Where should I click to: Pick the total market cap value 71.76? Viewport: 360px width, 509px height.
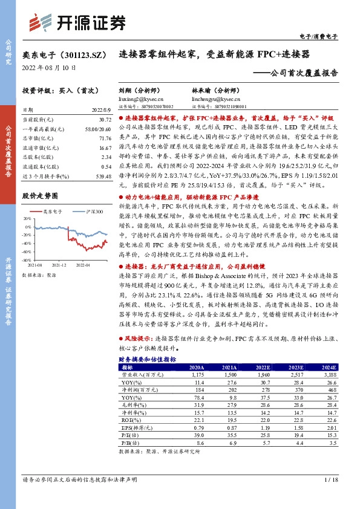tap(102, 138)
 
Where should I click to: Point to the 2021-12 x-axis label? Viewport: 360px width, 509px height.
tap(59, 264)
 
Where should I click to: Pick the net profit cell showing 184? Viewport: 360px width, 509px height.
tap(198, 390)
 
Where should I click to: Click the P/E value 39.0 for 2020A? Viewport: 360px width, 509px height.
tap(198, 435)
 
